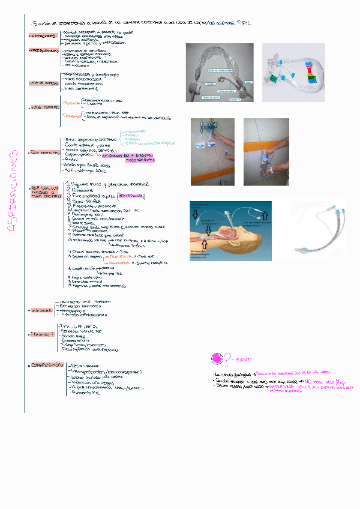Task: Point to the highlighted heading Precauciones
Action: point(44,51)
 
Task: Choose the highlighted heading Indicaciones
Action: point(43,36)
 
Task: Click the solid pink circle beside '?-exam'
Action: point(217,358)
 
